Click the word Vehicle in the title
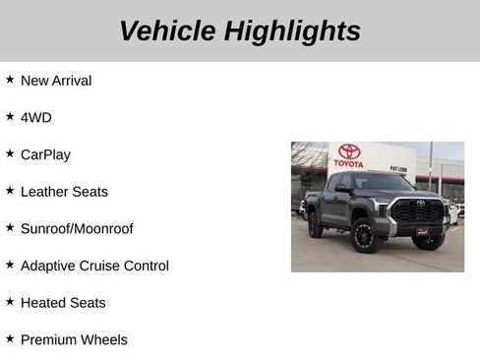(167, 30)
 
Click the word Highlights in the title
(291, 30)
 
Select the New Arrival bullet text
(56, 81)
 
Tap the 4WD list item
(35, 117)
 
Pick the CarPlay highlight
(45, 154)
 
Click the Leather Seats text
(64, 192)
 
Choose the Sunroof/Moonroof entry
(77, 228)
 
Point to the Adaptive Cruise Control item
(94, 266)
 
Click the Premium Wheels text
(74, 339)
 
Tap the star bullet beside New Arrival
(10, 79)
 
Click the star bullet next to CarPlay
(10, 152)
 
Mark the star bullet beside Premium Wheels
(10, 337)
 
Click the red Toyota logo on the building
(349, 153)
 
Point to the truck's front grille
(418, 210)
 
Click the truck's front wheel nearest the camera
(365, 236)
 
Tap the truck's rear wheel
(315, 226)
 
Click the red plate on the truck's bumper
(423, 231)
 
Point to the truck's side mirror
(342, 189)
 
